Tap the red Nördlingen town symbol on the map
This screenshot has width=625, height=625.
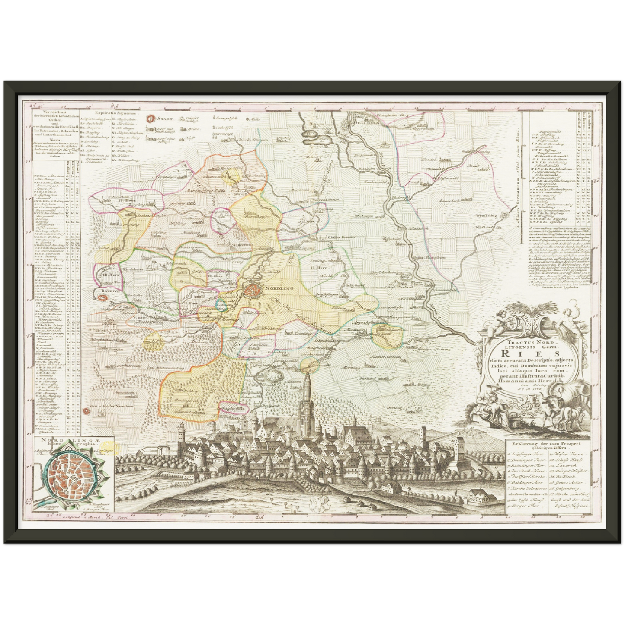[x=251, y=290]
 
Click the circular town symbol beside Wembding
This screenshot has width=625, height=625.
[x=505, y=215]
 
